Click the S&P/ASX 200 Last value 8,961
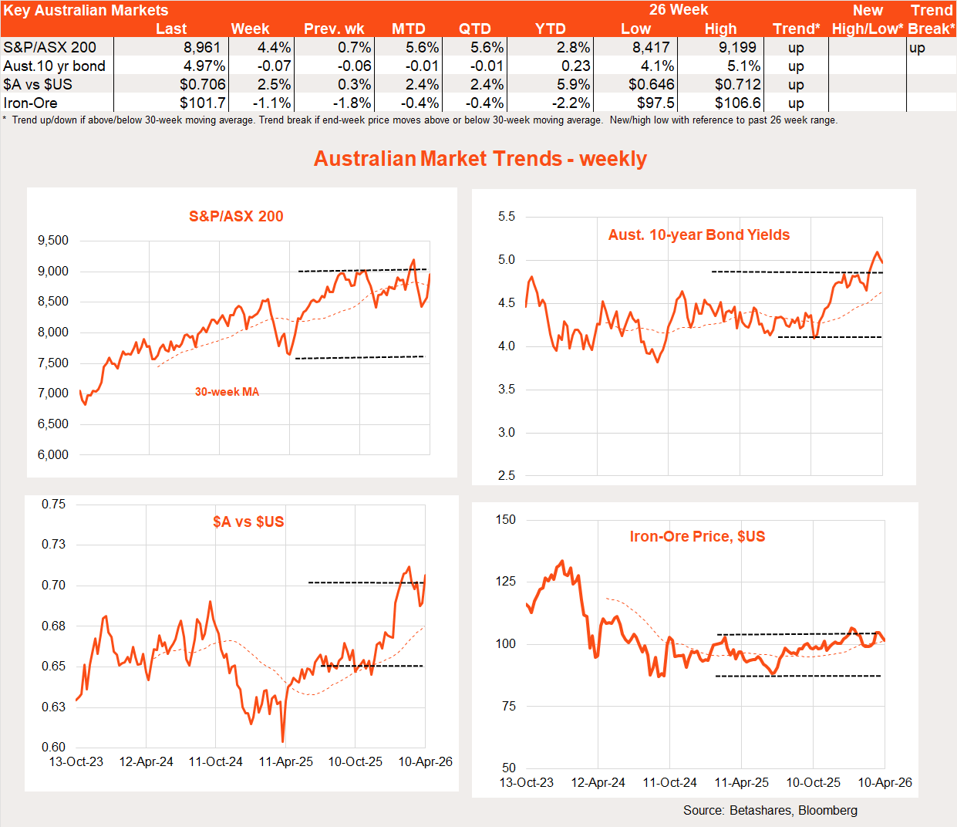click(x=202, y=48)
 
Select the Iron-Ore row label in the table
click(x=30, y=103)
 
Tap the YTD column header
click(x=551, y=29)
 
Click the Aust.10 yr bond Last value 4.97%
click(x=204, y=66)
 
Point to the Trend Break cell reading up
click(x=917, y=48)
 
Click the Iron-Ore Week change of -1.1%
click(x=272, y=103)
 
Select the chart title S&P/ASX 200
click(x=236, y=217)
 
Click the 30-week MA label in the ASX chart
click(x=227, y=392)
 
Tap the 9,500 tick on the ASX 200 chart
click(x=53, y=241)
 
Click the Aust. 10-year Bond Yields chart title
click(x=699, y=235)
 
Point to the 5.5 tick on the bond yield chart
click(x=507, y=217)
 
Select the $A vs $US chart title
click(x=248, y=522)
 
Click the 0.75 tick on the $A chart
click(x=54, y=505)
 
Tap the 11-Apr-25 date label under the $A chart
click(x=285, y=762)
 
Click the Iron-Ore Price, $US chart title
click(x=697, y=537)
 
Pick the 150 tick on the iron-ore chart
click(x=507, y=520)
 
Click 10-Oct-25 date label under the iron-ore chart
click(x=813, y=783)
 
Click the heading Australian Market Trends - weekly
click(x=480, y=159)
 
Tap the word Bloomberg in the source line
click(x=827, y=811)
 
